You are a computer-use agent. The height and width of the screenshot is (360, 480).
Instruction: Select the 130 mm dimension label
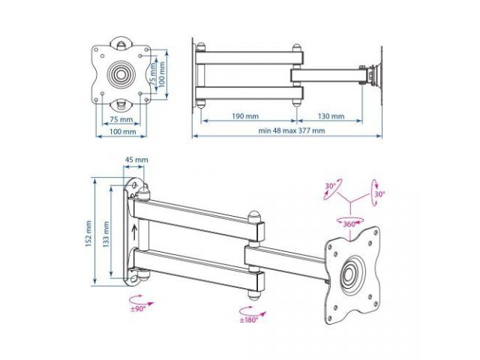click(330, 116)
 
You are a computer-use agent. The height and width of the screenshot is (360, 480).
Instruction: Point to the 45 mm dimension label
click(136, 160)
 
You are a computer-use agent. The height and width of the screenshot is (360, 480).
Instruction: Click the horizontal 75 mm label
click(121, 119)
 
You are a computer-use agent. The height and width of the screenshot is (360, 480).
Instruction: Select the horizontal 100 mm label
click(123, 131)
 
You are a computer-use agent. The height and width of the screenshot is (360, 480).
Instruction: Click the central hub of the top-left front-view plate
click(121, 74)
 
